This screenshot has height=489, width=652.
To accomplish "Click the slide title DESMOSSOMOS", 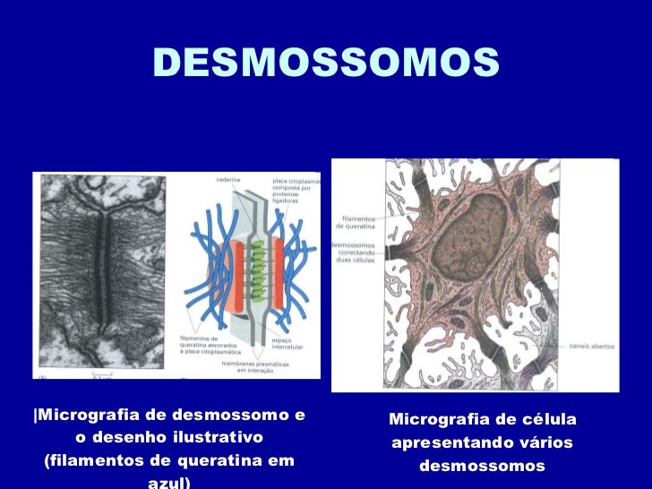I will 326,63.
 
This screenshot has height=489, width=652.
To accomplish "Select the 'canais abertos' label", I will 587,345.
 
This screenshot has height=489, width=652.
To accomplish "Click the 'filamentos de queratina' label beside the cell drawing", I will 358,223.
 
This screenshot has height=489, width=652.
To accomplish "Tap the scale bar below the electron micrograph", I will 100,373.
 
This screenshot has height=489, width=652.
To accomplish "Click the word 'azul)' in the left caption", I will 169,483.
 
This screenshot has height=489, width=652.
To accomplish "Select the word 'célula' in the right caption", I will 548,420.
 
